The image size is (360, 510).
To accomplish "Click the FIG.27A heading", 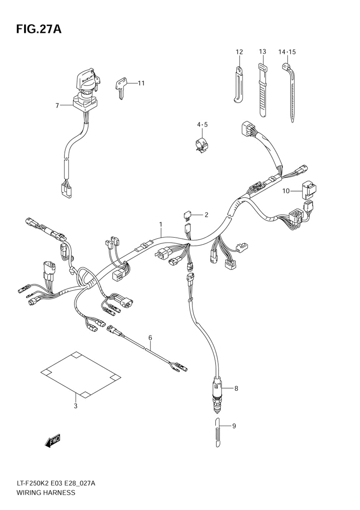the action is [39, 29].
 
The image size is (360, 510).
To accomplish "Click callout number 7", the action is [57, 105].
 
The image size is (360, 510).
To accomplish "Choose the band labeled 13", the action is [262, 90].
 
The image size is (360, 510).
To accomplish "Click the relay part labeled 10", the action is [308, 190].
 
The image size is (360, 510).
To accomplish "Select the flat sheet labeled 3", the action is [81, 374].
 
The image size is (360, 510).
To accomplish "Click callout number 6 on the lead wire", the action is [150, 338].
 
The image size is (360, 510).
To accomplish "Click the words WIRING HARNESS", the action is [46, 493].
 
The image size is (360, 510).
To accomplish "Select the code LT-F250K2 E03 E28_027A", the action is [55, 483].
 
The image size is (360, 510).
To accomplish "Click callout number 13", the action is [262, 51].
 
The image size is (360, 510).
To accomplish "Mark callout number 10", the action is [286, 191].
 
